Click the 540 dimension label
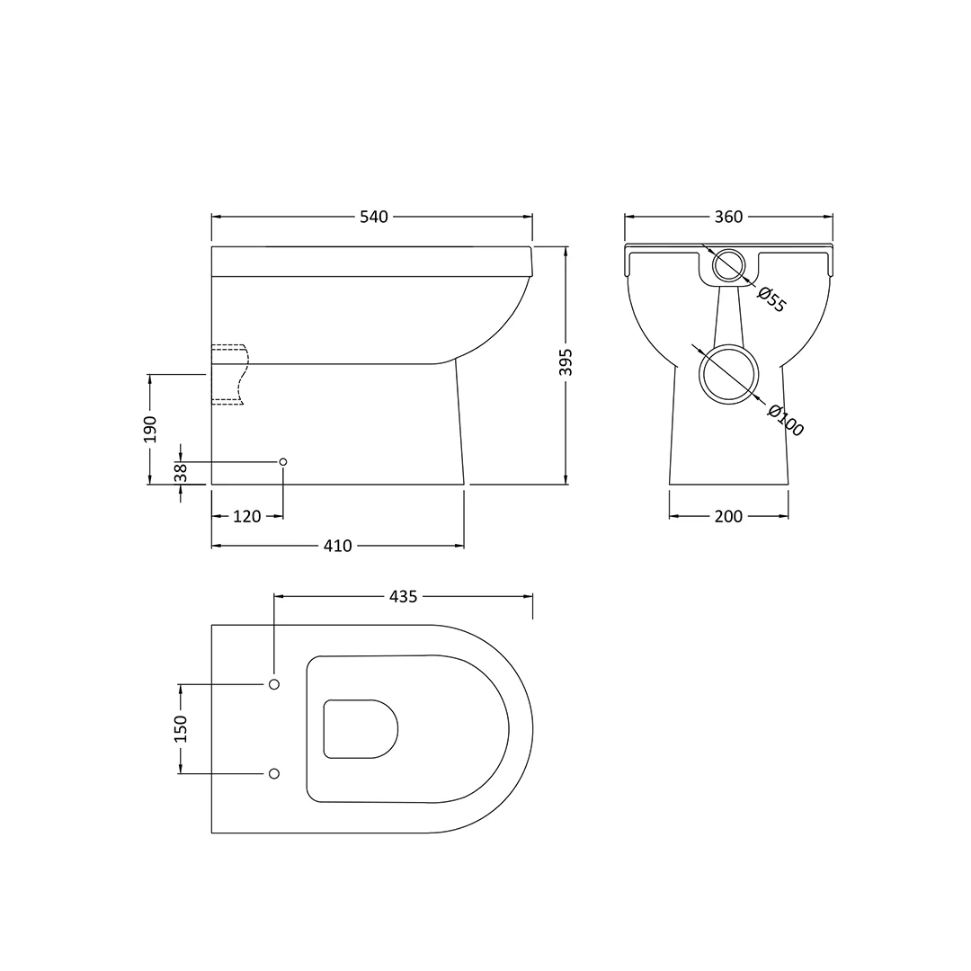374,217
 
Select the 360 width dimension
728,217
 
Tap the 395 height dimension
566,362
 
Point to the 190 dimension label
150,429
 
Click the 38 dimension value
180,473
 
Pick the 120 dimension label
247,516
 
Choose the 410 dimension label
337,546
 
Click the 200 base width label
728,516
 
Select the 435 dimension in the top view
403,596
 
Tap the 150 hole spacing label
180,729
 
